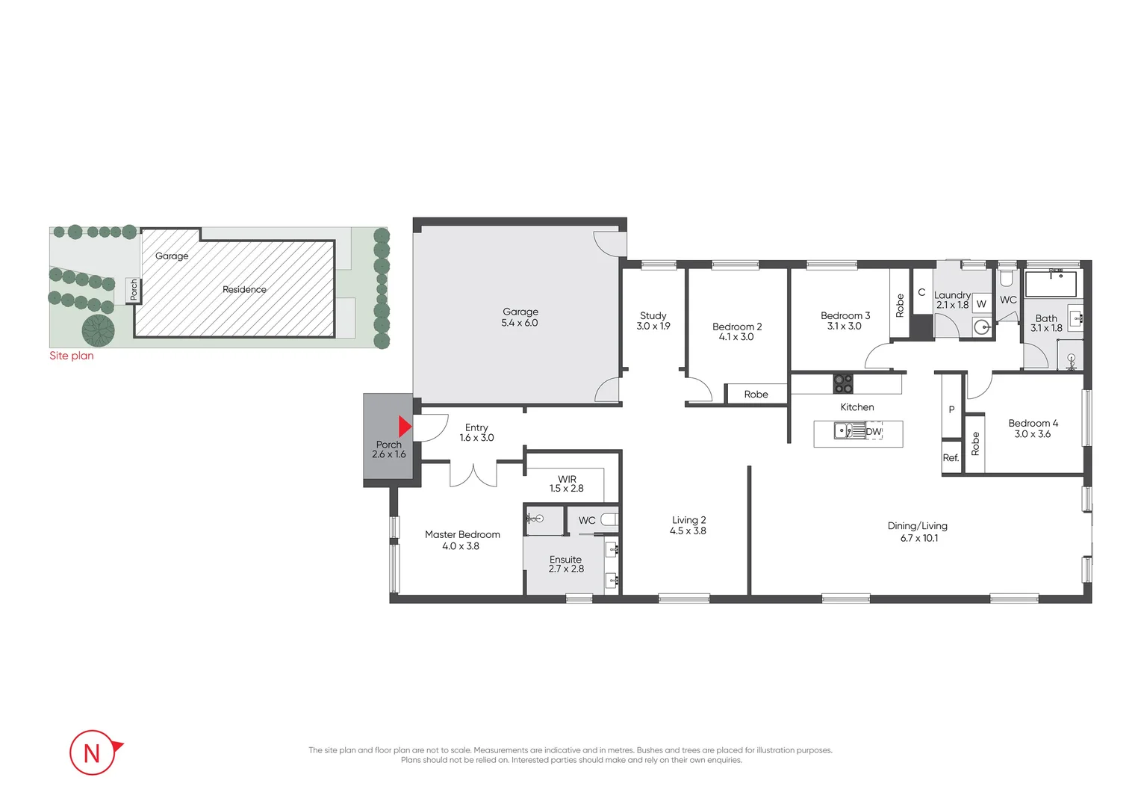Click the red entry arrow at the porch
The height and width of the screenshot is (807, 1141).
click(x=405, y=427)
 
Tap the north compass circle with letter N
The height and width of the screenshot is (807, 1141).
click(x=92, y=752)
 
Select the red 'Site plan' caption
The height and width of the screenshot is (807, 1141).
click(x=72, y=356)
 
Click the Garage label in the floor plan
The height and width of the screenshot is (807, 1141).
click(x=520, y=312)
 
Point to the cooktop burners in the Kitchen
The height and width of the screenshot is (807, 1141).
click(x=843, y=384)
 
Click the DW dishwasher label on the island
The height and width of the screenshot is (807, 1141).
click(x=874, y=432)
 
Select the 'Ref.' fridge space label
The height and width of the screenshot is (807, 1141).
click(x=951, y=458)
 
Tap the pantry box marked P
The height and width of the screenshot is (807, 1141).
click(x=951, y=409)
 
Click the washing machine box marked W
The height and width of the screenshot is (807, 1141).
click(x=981, y=303)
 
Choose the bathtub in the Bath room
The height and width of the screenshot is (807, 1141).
click(x=1050, y=285)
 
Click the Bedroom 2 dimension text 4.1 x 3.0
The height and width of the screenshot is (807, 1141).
click(x=736, y=337)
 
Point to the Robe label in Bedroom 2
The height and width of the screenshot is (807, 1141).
click(x=756, y=395)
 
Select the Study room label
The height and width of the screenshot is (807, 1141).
click(x=653, y=315)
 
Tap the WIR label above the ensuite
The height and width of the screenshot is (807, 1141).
click(x=567, y=479)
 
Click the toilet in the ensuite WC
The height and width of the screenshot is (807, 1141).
click(x=609, y=519)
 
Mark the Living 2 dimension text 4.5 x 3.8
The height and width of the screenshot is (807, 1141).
click(x=688, y=531)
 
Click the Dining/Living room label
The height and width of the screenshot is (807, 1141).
click(x=917, y=525)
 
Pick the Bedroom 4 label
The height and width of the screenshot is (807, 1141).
click(x=1033, y=423)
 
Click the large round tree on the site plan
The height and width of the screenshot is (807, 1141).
click(x=99, y=330)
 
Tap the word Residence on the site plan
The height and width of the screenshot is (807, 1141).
click(x=244, y=289)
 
